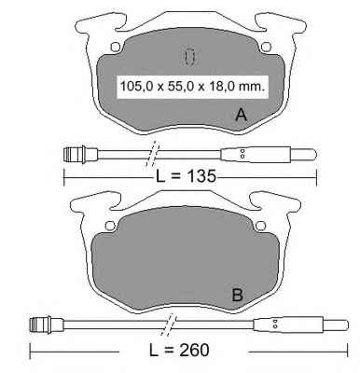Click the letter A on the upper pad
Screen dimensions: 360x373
tap(242, 115)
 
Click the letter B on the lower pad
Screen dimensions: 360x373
tap(238, 295)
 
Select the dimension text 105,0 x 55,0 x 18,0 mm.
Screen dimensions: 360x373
tap(192, 86)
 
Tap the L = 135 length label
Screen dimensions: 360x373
tap(186, 176)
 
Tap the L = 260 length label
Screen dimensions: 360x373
tap(179, 351)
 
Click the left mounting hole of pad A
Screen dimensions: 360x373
tap(116, 47)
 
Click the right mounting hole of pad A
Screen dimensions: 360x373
tap(267, 47)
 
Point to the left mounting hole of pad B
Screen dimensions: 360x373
tap(110, 226)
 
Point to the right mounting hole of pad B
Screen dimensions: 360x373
tap(260, 226)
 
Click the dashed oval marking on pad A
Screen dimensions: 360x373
tap(188, 57)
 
